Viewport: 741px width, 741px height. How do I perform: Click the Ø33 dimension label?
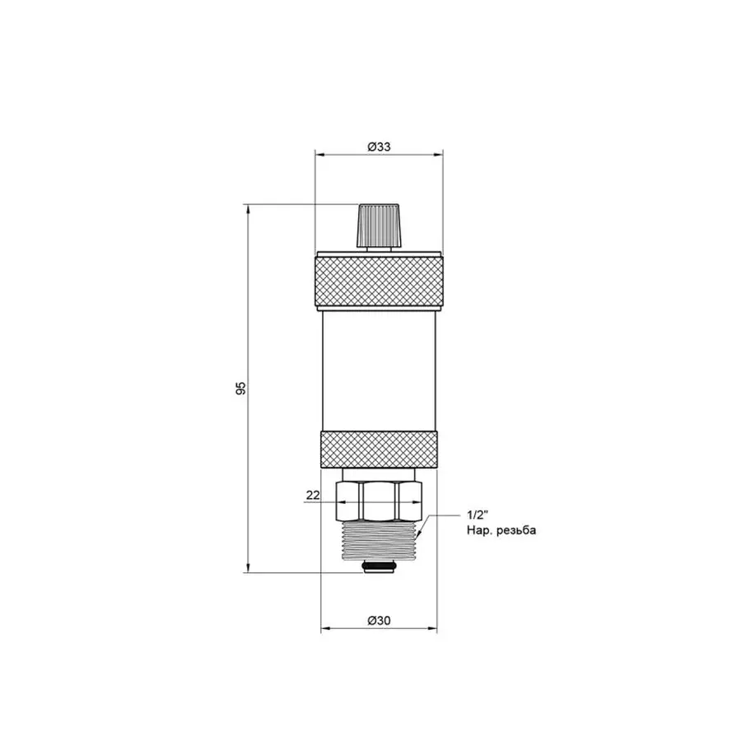pos(379,147)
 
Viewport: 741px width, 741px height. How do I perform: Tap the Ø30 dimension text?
pos(379,620)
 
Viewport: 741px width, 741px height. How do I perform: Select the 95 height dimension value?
pos(240,388)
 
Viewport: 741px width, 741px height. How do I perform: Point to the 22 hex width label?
pos(313,495)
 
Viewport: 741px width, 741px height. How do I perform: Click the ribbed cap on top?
pos(379,225)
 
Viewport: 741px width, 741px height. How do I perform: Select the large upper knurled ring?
pos(379,281)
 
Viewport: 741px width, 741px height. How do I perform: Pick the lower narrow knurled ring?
pos(379,450)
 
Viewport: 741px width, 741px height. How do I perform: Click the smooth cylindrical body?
pos(379,371)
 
